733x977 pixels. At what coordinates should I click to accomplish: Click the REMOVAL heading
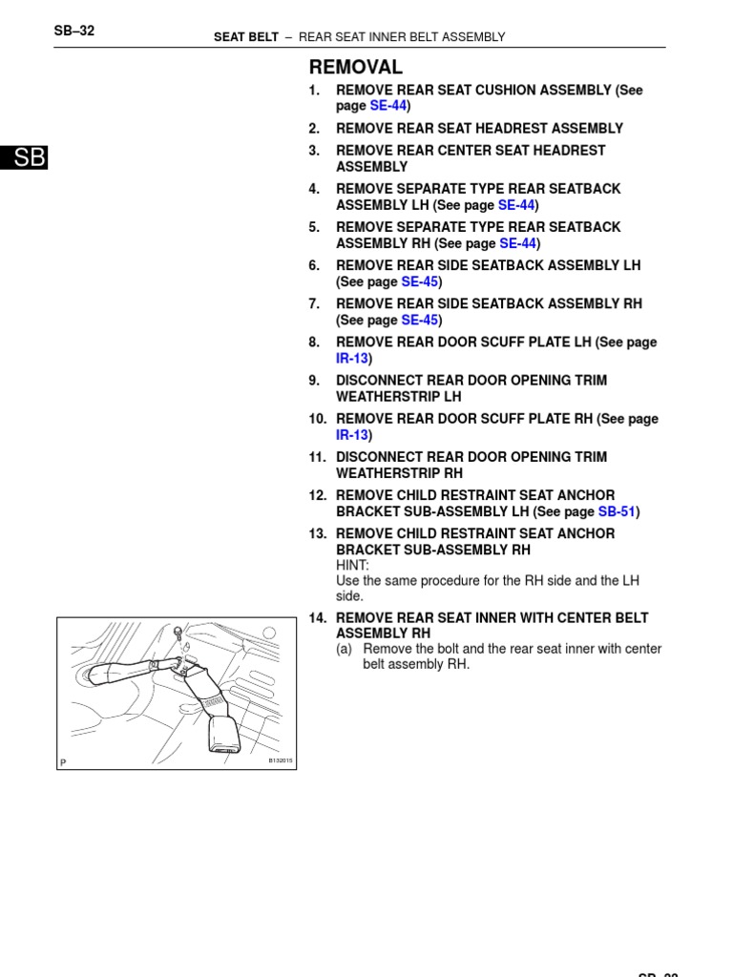[x=355, y=68]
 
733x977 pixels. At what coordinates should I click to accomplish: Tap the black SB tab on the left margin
[x=24, y=158]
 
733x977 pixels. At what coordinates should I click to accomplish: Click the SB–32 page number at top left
[x=73, y=31]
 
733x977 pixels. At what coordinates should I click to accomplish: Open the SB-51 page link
[x=617, y=511]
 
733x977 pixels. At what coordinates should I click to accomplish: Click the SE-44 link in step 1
[x=387, y=106]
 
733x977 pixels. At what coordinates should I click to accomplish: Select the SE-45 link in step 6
[x=419, y=281]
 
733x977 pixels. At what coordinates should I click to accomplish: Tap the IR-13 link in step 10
[x=351, y=435]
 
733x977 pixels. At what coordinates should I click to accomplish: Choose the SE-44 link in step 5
[x=516, y=243]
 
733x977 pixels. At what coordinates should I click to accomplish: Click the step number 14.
[x=318, y=618]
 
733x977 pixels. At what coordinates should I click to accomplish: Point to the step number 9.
[x=314, y=380]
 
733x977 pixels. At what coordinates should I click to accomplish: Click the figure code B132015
[x=280, y=760]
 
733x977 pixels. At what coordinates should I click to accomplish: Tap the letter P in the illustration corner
[x=63, y=762]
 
